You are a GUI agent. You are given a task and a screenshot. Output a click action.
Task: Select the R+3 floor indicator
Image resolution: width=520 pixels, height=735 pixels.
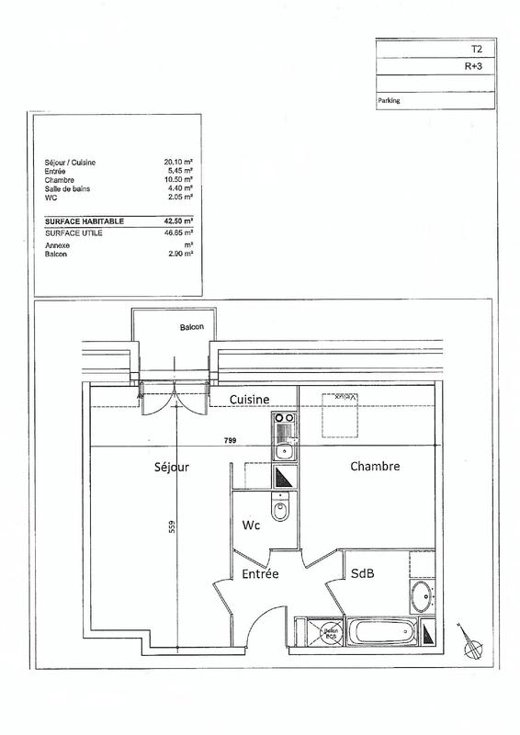473,65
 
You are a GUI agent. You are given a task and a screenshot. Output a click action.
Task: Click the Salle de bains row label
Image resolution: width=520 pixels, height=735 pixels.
67,188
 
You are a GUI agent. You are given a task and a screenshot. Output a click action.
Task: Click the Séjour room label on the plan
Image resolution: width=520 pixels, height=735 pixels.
172,467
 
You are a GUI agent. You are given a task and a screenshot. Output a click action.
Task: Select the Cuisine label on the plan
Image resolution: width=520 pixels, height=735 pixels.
249,400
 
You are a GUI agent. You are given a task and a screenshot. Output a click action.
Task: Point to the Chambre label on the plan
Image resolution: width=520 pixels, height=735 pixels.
375,467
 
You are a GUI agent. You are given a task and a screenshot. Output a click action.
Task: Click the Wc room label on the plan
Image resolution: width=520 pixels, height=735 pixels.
250,526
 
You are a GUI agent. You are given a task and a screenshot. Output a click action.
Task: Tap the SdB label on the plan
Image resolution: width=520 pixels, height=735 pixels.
362,572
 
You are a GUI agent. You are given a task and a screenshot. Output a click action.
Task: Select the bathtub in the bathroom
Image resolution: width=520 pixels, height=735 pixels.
382,632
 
